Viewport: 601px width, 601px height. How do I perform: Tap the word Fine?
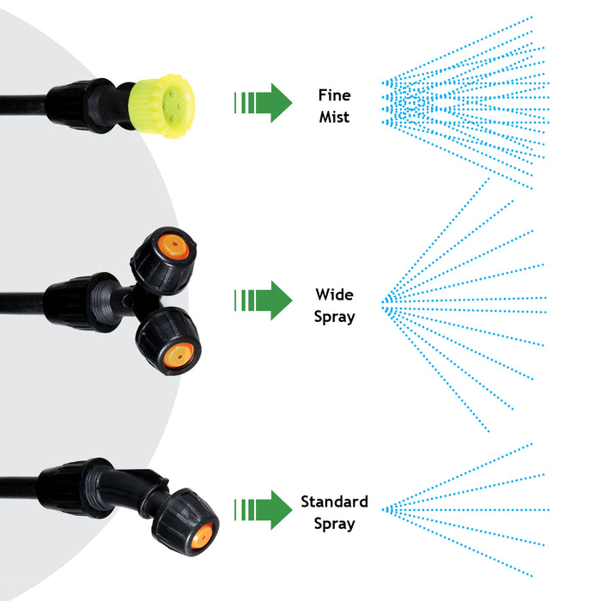click(x=334, y=95)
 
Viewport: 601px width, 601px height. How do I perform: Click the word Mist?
click(x=334, y=117)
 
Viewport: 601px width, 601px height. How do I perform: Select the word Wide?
click(x=334, y=295)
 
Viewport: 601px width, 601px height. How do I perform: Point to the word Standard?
click(x=334, y=501)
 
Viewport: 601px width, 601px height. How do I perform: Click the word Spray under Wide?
click(x=334, y=317)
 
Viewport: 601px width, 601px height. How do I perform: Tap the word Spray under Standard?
click(x=334, y=523)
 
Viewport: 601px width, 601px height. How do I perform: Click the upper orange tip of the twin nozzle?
click(x=176, y=247)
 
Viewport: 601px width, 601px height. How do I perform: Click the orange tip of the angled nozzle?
click(x=201, y=537)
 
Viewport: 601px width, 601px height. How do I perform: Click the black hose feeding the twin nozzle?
click(x=21, y=302)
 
